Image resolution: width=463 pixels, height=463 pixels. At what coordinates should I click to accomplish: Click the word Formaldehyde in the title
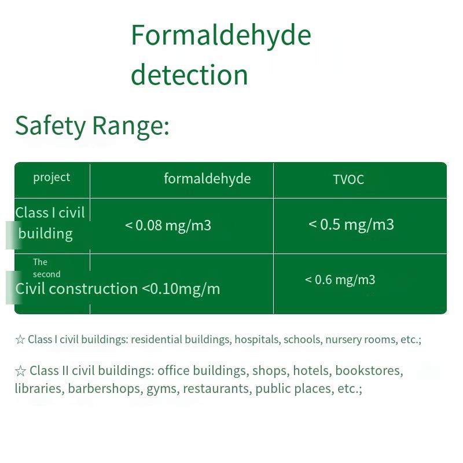221,36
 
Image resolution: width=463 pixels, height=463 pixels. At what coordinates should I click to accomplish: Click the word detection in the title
189,74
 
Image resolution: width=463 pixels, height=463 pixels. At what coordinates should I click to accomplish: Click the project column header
52,178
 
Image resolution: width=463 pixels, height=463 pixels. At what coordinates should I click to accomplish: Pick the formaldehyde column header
207,179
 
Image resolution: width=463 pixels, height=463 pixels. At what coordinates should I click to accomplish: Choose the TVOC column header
348,179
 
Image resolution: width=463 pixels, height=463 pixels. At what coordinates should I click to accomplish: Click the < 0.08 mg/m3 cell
168,226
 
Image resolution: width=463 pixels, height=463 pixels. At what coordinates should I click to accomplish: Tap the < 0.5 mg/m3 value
351,225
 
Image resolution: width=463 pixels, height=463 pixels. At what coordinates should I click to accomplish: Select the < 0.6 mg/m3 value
340,280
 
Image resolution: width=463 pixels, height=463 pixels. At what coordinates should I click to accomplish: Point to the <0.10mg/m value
181,289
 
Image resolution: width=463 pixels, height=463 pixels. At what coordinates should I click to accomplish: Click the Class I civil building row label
50,223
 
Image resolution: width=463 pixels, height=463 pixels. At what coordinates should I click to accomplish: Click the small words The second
47,268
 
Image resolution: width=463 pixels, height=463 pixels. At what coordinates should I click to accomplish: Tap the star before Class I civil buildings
20,340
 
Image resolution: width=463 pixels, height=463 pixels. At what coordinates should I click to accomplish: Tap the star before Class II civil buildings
20,371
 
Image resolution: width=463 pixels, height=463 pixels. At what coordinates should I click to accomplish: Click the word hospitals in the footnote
257,340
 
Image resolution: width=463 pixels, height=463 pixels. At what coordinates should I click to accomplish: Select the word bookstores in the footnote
369,371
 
